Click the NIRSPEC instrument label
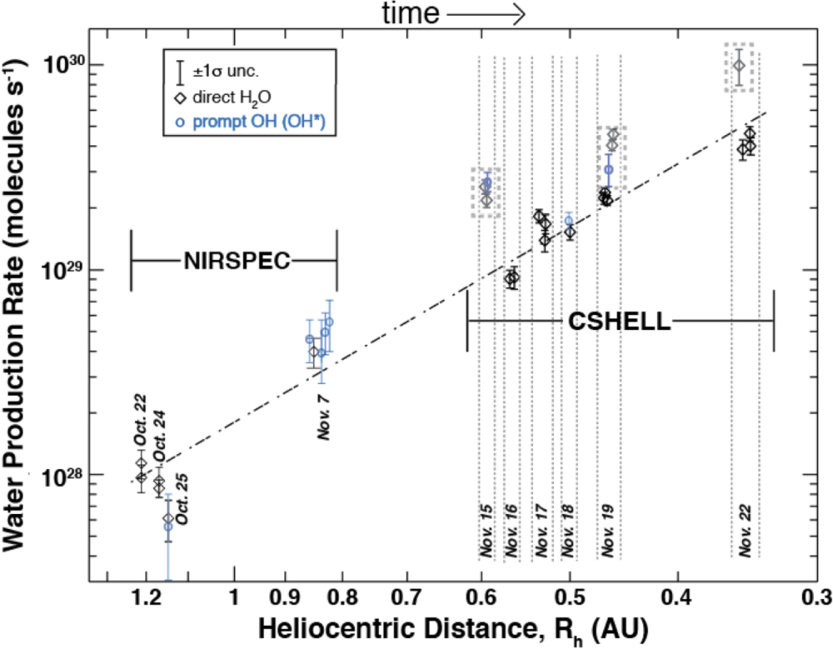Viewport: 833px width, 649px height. (237, 261)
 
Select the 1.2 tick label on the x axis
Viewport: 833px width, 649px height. (147, 597)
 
